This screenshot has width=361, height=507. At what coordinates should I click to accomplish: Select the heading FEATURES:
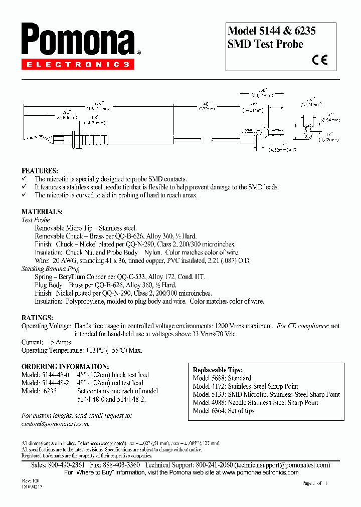[x=40, y=171]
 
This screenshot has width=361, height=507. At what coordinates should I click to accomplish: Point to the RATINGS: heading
[x=38, y=318]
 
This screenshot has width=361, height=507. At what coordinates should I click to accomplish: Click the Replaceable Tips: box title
[x=218, y=370]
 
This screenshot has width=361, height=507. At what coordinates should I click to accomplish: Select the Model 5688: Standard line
[x=222, y=378]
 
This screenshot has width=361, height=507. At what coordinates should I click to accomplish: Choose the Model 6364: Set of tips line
[x=223, y=411]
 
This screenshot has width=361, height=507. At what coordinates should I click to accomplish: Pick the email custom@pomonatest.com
[x=55, y=424]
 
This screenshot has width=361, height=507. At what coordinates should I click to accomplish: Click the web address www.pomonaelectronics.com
[x=260, y=472]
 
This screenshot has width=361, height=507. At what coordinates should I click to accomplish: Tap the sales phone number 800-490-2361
[x=70, y=465]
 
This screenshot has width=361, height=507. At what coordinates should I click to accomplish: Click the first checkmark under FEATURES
[x=24, y=179]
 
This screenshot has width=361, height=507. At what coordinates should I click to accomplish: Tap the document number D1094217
[x=32, y=486]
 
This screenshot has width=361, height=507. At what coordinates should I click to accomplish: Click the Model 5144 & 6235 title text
[x=272, y=31]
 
